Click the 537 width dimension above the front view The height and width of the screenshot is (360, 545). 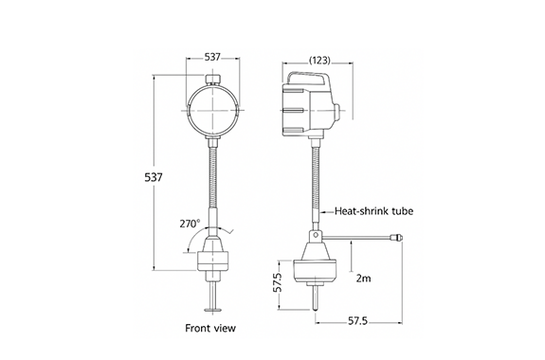point(212,57)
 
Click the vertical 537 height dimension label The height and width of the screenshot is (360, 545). point(154,177)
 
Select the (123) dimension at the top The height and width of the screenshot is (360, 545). point(319,61)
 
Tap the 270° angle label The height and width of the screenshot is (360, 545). point(191,224)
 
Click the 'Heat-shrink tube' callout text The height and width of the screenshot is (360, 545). point(374,211)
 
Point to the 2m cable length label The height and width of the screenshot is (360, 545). point(363,279)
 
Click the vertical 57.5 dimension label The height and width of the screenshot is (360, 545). point(277,282)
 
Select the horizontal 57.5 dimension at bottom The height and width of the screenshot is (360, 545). point(357,321)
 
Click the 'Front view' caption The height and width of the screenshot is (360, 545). point(210,328)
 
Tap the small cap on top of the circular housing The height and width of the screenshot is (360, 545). point(212,79)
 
